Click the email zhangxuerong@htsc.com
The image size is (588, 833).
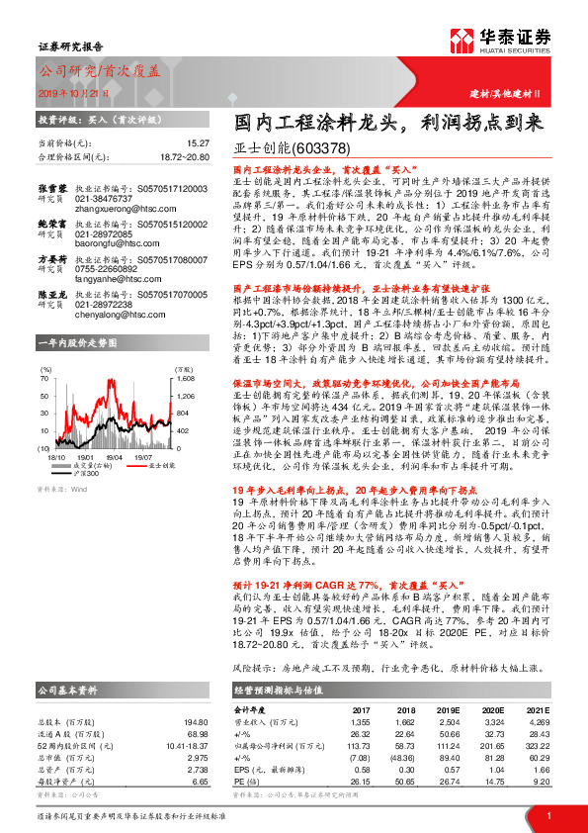click(x=106, y=209)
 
